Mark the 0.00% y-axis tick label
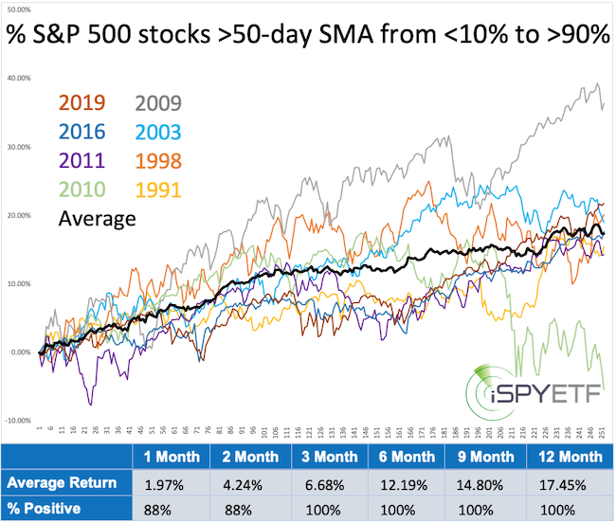click(20, 352)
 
